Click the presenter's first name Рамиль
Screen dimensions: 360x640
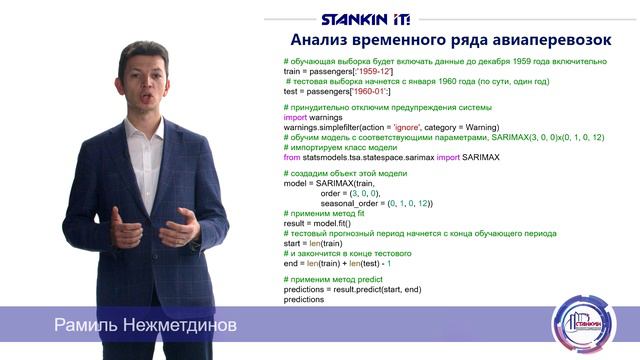point(87,327)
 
